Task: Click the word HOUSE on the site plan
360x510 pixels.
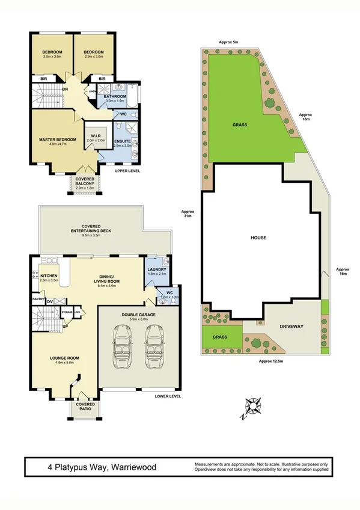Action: point(258,238)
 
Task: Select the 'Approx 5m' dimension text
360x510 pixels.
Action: point(229,42)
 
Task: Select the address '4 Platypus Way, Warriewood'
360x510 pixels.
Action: point(99,467)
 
